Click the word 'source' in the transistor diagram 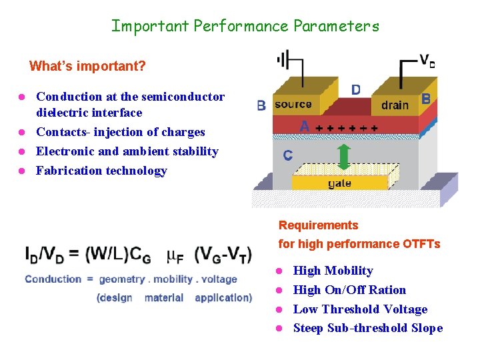click(x=293, y=104)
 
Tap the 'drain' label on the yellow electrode click(x=395, y=105)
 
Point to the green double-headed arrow click(x=344, y=157)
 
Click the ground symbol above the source click(x=285, y=61)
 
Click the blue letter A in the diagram click(x=305, y=126)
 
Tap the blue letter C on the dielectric click(x=287, y=155)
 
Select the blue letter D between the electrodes click(x=356, y=89)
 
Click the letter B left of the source click(x=261, y=105)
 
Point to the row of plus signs click(x=347, y=127)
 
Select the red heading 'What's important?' click(x=87, y=66)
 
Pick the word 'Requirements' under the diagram click(x=318, y=225)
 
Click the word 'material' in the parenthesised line click(x=163, y=298)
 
